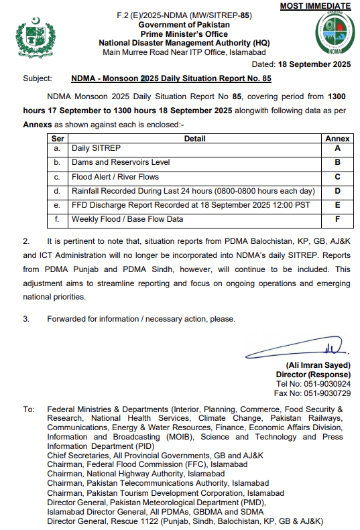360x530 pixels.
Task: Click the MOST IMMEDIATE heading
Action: (x=315, y=6)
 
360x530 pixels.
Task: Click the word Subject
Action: (x=38, y=79)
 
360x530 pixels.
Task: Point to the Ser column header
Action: (x=58, y=138)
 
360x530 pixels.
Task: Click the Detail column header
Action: (x=194, y=138)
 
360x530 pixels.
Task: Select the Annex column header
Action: (x=337, y=138)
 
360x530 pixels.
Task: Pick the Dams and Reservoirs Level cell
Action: (x=121, y=162)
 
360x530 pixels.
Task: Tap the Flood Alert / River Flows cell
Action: (x=115, y=177)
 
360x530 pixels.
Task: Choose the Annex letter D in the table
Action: (x=337, y=191)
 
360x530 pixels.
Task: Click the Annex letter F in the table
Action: (x=337, y=219)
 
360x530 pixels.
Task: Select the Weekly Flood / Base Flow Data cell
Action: (x=127, y=219)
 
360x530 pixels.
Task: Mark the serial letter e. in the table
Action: (x=58, y=205)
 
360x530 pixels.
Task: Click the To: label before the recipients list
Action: (x=29, y=408)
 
